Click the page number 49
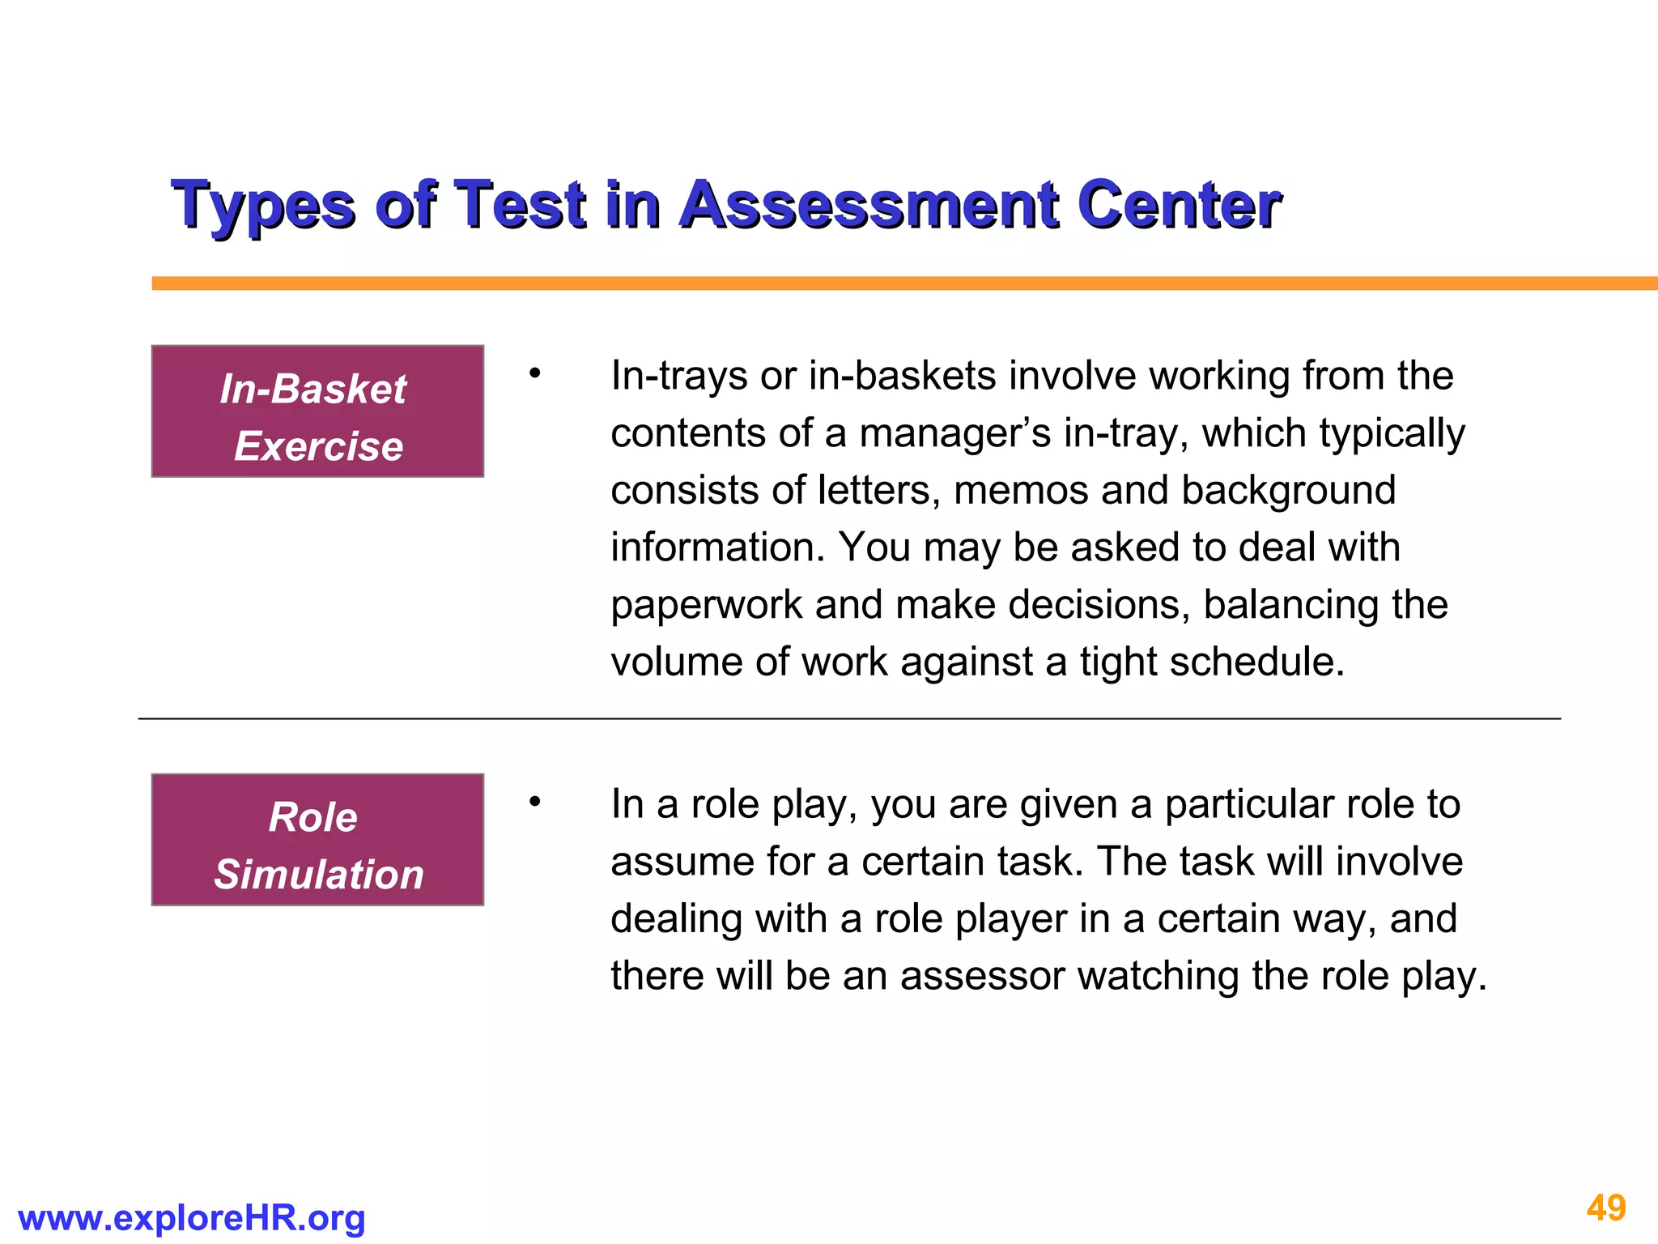click(1606, 1208)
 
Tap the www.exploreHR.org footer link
click(191, 1218)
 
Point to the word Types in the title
click(263, 206)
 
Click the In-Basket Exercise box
click(317, 411)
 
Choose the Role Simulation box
click(317, 840)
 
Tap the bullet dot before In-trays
click(534, 373)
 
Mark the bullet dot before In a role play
click(534, 802)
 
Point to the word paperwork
click(706, 606)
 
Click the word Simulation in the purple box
click(319, 875)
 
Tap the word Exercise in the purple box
click(319, 446)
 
